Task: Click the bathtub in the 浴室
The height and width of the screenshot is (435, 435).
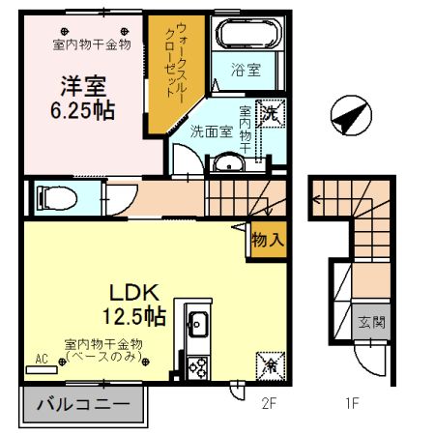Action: (247, 33)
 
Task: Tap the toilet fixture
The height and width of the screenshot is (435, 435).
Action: (57, 198)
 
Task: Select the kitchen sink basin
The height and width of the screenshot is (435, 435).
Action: (198, 323)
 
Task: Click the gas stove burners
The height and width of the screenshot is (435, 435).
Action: (198, 368)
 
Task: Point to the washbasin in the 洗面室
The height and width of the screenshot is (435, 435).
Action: (229, 163)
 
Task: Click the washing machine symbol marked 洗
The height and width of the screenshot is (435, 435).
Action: (271, 113)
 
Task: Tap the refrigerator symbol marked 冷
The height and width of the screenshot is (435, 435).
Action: (271, 366)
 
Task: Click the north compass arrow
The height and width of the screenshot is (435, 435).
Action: (351, 115)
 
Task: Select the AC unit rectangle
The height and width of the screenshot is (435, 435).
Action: (42, 369)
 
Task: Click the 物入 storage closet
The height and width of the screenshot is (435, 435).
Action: (269, 240)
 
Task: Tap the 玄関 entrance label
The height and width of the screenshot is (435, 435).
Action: (371, 322)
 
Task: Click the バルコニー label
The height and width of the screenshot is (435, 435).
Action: (83, 404)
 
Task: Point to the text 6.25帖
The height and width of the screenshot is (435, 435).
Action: (82, 110)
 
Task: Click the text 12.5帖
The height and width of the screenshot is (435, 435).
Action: (134, 316)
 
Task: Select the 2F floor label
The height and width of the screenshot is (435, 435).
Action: (269, 403)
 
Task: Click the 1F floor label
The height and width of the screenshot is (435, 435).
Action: (352, 403)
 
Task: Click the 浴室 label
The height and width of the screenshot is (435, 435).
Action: (246, 70)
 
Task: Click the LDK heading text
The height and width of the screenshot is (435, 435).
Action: (134, 292)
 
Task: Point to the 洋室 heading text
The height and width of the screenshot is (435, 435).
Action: (83, 86)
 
